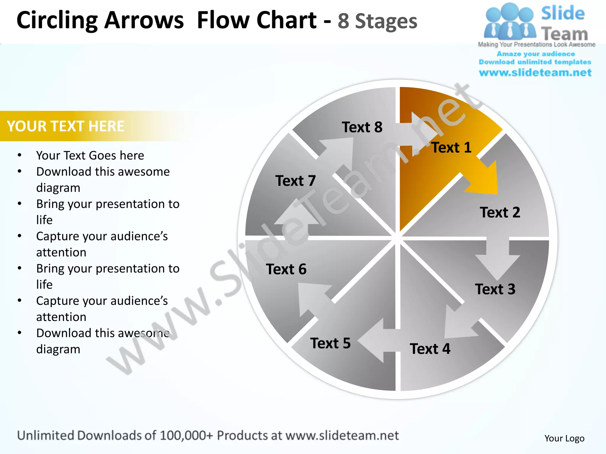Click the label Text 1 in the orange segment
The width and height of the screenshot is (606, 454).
(451, 147)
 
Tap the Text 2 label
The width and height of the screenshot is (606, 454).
(500, 213)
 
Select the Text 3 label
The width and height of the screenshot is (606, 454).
(495, 289)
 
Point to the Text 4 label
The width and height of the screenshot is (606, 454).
(430, 349)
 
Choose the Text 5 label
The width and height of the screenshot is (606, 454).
(330, 343)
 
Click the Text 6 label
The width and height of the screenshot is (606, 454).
(286, 269)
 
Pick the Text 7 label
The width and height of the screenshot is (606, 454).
(295, 181)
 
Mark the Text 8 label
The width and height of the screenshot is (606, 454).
(362, 127)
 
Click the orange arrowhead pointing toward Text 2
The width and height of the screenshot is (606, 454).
(485, 180)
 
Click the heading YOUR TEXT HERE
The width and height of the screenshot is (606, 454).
(65, 126)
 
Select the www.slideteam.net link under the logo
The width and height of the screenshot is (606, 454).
(535, 72)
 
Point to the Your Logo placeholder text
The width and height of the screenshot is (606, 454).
(564, 438)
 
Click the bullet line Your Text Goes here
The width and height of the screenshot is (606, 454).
(90, 155)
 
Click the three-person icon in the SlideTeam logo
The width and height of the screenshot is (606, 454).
(510, 22)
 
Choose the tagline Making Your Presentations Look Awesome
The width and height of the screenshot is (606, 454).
(536, 45)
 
